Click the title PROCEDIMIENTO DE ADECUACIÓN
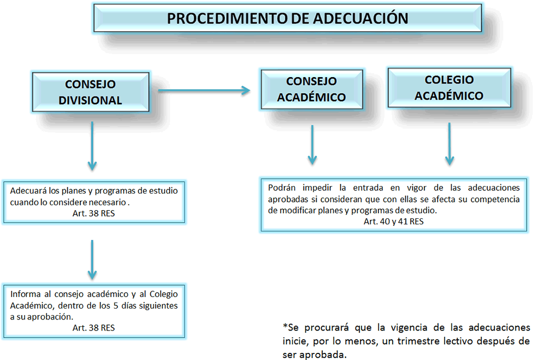tap(288, 19)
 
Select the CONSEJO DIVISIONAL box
tap(91, 92)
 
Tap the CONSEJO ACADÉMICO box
tap(312, 89)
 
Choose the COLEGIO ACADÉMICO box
tap(449, 88)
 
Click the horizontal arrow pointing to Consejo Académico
tap(204, 91)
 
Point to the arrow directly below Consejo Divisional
tap(92, 146)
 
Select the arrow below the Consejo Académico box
tap(312, 145)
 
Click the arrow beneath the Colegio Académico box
tap(450, 144)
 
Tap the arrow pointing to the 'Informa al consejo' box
tap(92, 260)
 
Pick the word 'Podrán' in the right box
tap(282, 188)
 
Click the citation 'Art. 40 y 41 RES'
tap(393, 222)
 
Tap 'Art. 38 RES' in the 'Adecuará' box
tap(94, 213)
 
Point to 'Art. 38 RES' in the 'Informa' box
tap(94, 328)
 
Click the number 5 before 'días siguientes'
tap(116, 306)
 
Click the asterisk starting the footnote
tap(285, 326)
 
